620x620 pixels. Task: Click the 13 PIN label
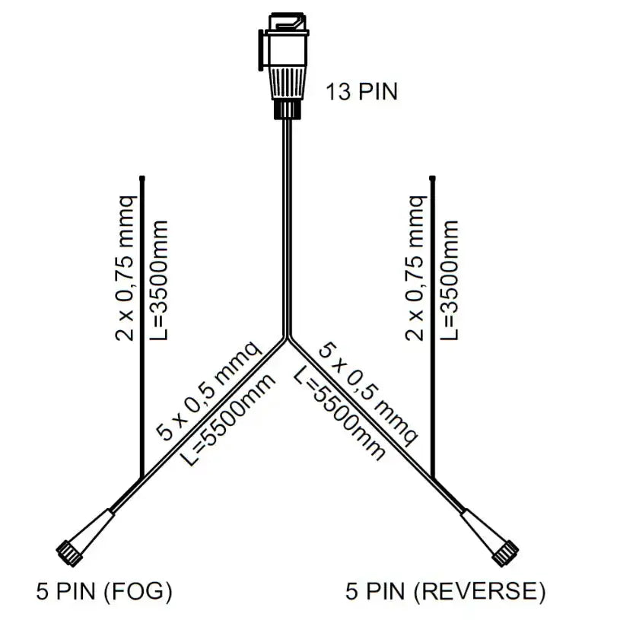361,93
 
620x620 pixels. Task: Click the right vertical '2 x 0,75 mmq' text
415,266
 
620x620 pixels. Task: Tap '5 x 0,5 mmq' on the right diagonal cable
368,393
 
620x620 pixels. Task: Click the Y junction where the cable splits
287,338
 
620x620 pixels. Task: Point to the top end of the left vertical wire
142,178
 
